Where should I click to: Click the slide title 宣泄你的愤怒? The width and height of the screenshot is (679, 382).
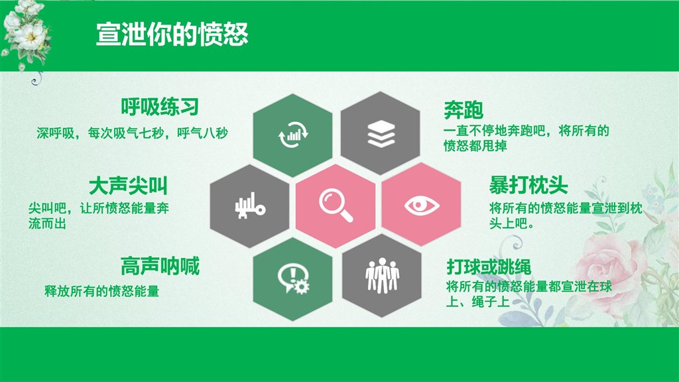(x=172, y=34)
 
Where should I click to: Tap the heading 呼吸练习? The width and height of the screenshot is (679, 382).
(x=160, y=107)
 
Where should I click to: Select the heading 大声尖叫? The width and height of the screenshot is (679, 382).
(x=128, y=186)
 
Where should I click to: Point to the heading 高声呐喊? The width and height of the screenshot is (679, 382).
(x=160, y=266)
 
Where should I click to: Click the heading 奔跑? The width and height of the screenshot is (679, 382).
(x=463, y=110)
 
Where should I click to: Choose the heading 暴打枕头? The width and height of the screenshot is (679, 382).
(x=528, y=186)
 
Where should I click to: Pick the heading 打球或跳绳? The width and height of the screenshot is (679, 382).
(x=489, y=267)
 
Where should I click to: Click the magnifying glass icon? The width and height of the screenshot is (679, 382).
(x=336, y=206)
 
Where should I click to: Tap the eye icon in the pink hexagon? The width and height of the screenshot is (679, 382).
(x=421, y=206)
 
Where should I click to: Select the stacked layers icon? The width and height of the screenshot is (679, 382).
(x=381, y=134)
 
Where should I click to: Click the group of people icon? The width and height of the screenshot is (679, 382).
(x=382, y=275)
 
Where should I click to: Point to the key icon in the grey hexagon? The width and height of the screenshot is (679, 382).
(x=250, y=206)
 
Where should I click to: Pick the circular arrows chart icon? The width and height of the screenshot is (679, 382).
(x=293, y=134)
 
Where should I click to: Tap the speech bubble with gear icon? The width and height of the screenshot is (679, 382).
(x=293, y=279)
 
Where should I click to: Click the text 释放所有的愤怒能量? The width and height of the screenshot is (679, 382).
(x=101, y=291)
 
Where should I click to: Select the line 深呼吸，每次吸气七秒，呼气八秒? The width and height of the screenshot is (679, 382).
(x=132, y=133)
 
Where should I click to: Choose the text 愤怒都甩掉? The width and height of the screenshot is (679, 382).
(x=475, y=145)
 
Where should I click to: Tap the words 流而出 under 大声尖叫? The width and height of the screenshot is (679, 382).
(x=47, y=224)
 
